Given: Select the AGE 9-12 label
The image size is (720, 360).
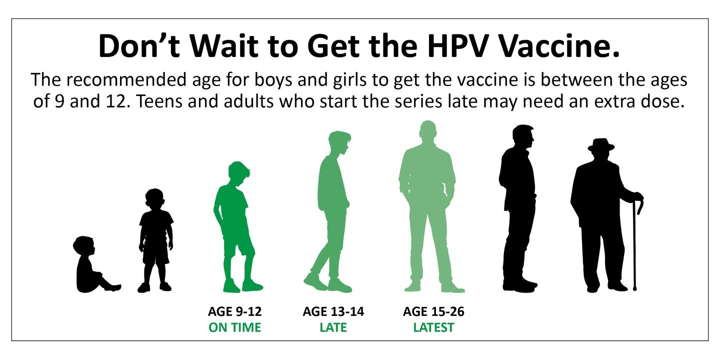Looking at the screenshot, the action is pyautogui.click(x=235, y=311).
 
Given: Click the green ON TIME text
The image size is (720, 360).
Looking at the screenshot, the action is pyautogui.click(x=235, y=327).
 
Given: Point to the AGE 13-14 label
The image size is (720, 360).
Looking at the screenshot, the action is pyautogui.click(x=333, y=311).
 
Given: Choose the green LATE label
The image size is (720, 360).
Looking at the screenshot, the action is pyautogui.click(x=333, y=327).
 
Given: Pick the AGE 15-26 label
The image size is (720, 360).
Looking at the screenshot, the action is pyautogui.click(x=433, y=311).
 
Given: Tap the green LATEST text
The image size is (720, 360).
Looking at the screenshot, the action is pyautogui.click(x=433, y=327).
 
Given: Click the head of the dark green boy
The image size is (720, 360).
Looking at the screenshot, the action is pyautogui.click(x=238, y=174).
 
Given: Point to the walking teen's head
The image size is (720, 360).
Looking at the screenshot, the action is pyautogui.click(x=339, y=143).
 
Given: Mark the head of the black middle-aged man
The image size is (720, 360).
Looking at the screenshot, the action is pyautogui.click(x=523, y=136).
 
